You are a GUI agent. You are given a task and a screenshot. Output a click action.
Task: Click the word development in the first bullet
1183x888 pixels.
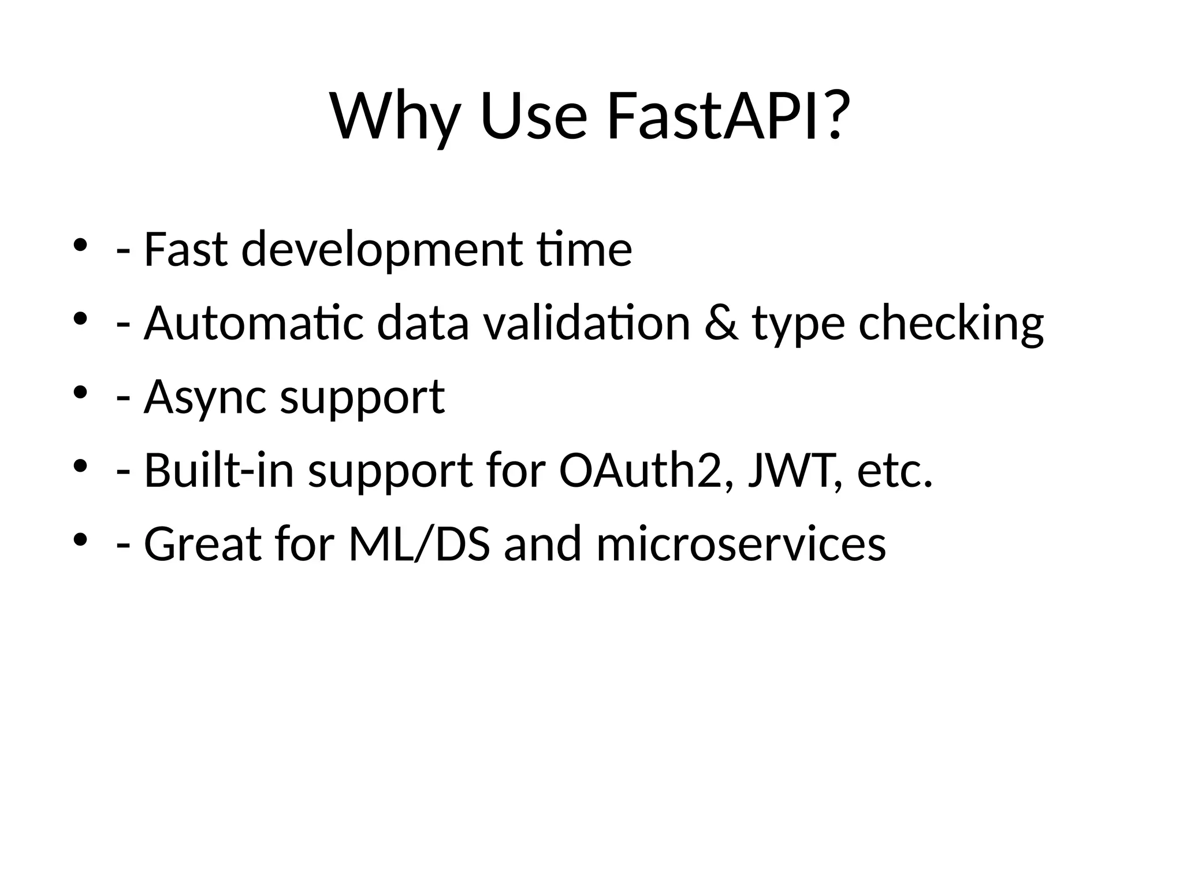(x=382, y=250)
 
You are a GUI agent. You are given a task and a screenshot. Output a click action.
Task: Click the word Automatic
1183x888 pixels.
(x=254, y=323)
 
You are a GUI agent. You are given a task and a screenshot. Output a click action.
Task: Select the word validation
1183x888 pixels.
(x=587, y=323)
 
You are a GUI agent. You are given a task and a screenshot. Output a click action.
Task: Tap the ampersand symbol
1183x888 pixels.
(x=721, y=323)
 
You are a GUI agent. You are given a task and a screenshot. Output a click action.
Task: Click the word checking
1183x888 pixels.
(x=951, y=323)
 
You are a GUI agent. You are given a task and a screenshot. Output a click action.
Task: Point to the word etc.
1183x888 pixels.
(x=895, y=471)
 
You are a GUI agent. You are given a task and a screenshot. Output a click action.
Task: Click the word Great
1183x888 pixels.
(x=203, y=545)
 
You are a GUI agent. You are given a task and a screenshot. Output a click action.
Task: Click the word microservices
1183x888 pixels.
(x=741, y=545)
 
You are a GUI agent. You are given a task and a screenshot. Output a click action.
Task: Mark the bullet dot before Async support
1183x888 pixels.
(x=80, y=393)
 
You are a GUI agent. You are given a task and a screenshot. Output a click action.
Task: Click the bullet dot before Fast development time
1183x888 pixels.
(x=80, y=245)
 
